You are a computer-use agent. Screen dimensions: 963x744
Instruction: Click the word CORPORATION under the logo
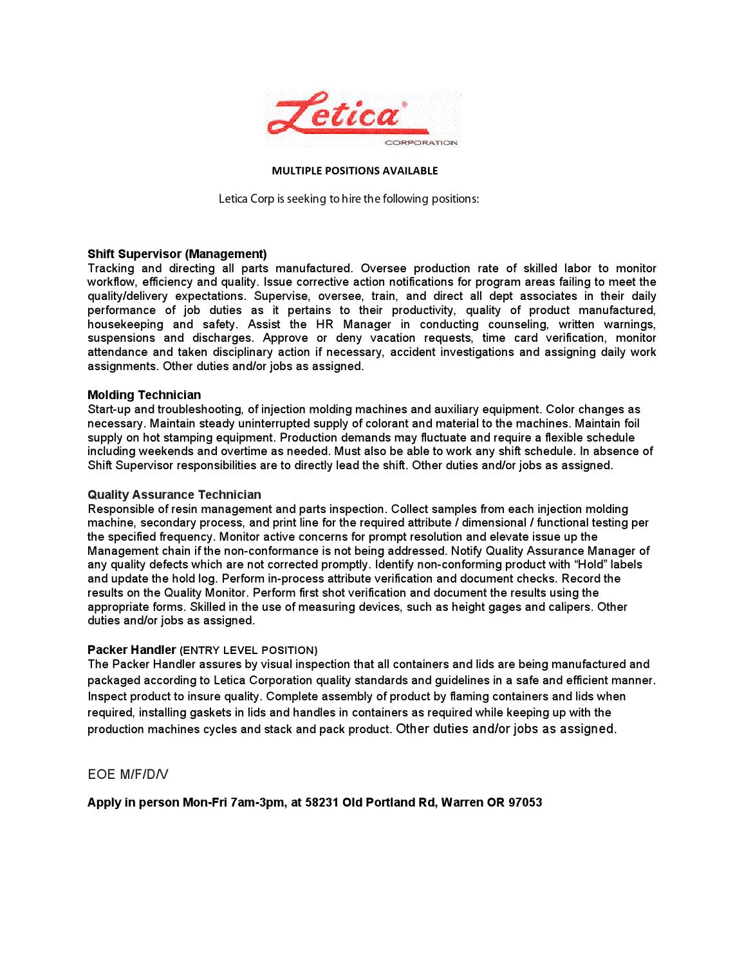(421, 143)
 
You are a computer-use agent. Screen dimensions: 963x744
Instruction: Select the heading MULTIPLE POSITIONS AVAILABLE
(355, 171)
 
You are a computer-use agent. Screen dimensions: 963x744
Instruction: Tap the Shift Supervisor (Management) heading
(177, 254)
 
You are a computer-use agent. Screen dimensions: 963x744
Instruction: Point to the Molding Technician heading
(144, 395)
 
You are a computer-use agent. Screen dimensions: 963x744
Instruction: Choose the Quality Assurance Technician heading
(174, 494)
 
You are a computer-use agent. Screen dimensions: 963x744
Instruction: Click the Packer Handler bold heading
(131, 650)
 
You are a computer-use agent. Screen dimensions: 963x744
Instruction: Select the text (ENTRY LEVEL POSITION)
(248, 650)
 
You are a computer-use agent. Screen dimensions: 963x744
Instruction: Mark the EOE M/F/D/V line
(128, 773)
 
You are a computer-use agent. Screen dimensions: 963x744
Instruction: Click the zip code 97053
(525, 802)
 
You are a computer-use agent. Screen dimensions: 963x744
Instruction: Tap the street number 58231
(321, 802)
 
